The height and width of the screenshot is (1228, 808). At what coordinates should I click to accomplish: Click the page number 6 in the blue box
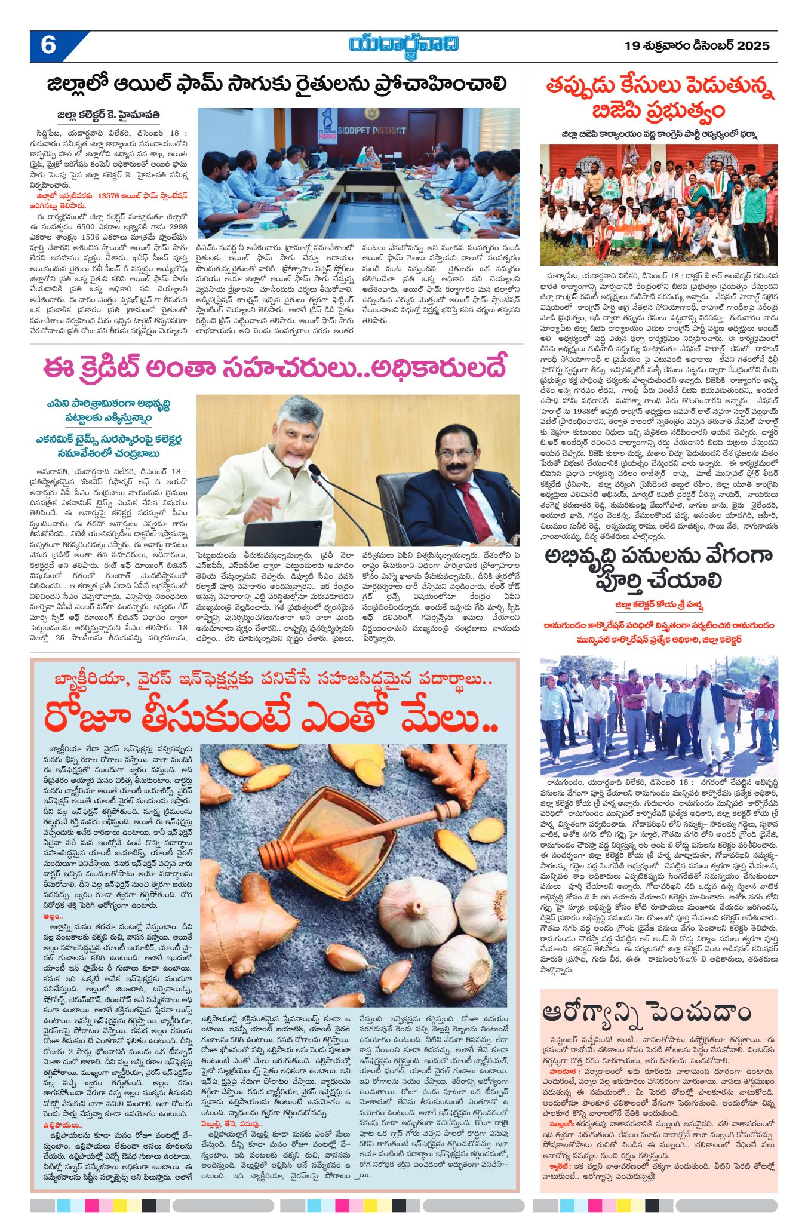(48, 46)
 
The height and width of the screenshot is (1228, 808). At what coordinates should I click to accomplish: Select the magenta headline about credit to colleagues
(274, 367)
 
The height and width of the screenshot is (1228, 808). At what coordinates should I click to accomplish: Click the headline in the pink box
(646, 1012)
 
